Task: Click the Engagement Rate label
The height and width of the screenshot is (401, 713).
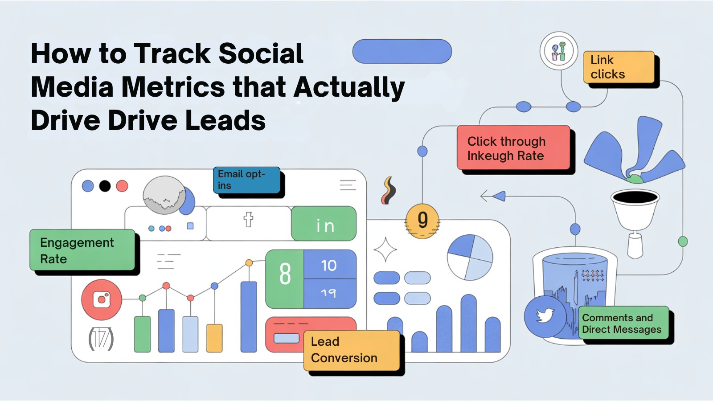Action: click(82, 250)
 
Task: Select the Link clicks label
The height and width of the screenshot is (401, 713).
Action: click(619, 67)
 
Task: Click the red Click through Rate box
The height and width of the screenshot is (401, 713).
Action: click(513, 148)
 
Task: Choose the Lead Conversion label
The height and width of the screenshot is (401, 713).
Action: click(352, 350)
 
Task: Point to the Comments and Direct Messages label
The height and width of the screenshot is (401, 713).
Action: click(623, 323)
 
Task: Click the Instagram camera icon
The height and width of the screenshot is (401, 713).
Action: click(102, 299)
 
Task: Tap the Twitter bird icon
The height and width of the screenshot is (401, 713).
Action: click(545, 316)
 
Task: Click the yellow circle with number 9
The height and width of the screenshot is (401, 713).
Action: click(422, 221)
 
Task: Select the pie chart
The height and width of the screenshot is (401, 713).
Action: click(470, 257)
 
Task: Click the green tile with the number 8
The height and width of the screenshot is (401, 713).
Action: click(285, 278)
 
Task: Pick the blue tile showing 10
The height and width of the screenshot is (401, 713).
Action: click(329, 265)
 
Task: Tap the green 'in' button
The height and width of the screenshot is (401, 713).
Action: click(324, 224)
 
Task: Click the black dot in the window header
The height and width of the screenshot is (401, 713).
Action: click(105, 186)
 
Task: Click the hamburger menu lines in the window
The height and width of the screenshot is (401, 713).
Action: click(348, 185)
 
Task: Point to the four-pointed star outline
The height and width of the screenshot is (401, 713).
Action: click(385, 250)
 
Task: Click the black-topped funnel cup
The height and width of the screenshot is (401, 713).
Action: click(635, 207)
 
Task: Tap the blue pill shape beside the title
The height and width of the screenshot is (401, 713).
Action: click(402, 51)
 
